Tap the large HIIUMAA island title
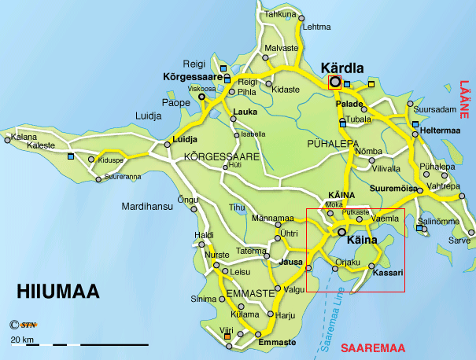[x=58, y=293]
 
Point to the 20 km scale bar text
[x=21, y=339]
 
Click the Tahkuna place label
[x=280, y=14]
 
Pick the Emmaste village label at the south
[x=275, y=343]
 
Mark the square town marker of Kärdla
[x=335, y=82]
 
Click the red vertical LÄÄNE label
[x=463, y=101]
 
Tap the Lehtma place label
[x=317, y=26]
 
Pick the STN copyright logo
[x=24, y=324]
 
